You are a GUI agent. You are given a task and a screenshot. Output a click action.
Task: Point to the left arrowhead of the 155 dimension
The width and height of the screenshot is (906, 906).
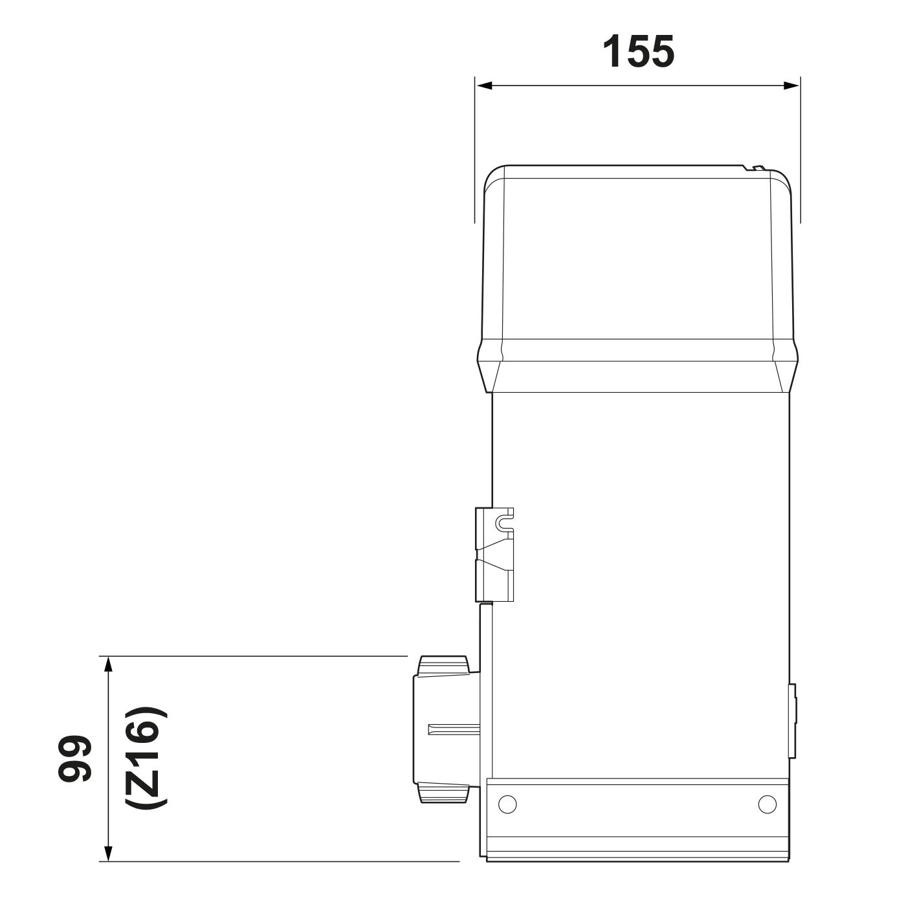(484, 85)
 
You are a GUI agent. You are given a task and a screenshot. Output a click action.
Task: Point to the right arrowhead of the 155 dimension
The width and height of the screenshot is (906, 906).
(791, 85)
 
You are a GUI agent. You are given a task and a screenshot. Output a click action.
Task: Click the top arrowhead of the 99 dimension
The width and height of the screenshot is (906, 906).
(109, 665)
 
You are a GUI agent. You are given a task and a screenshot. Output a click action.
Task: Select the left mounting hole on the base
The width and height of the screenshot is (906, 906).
(507, 804)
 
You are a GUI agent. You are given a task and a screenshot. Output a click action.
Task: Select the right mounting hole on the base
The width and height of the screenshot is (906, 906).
(768, 804)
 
